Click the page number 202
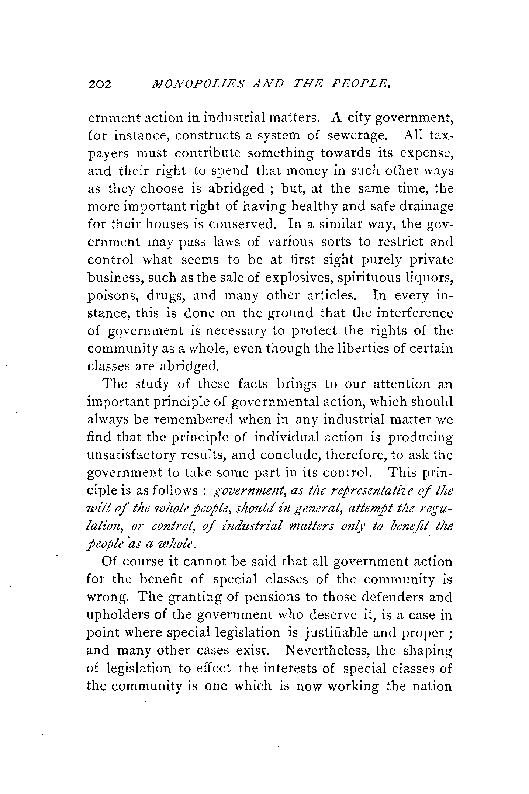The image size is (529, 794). point(100,85)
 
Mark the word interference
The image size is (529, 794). point(415,313)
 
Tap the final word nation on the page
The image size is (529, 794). point(428,686)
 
